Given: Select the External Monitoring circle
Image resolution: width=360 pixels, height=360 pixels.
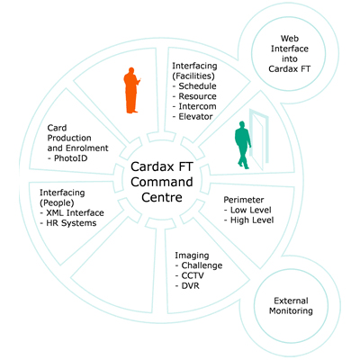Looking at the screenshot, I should [294, 306].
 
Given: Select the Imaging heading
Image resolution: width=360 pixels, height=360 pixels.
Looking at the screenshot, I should [192, 255].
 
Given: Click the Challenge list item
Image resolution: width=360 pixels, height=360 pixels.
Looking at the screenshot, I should [204, 265].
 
